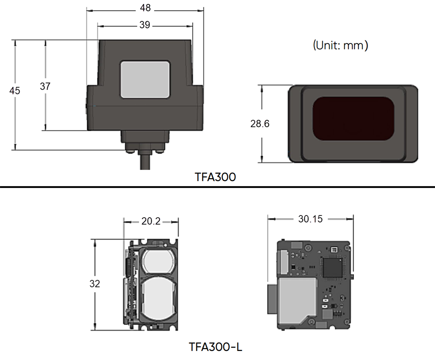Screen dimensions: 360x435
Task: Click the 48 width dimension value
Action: pos(145,8)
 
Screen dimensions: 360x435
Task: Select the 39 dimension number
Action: pos(145,25)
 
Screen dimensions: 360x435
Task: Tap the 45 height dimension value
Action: pos(15,91)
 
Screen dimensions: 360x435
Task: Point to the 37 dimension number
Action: pos(45,86)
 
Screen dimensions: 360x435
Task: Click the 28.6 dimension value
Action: pos(260,124)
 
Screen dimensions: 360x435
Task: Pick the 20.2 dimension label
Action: pos(151,221)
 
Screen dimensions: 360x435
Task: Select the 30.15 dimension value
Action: pos(310,219)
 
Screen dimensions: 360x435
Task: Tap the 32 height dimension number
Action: pos(95,284)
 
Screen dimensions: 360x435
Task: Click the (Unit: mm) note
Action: pos(340,45)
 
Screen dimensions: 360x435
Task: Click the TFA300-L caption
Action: pos(215,347)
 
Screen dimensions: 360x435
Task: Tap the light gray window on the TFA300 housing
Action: pos(145,79)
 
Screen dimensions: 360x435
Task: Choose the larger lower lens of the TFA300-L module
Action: pos(159,297)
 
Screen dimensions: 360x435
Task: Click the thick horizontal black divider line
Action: pos(217,187)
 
